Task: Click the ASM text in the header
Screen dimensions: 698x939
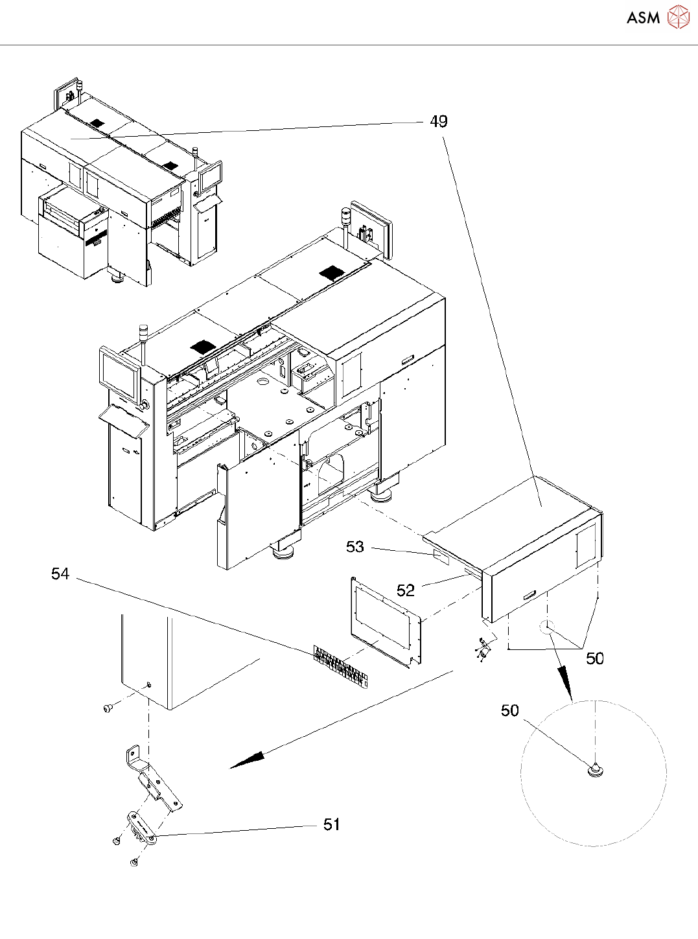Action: [643, 18]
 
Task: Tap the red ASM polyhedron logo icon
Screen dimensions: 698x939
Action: [678, 17]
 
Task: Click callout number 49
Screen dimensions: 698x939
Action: [439, 121]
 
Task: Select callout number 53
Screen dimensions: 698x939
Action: [355, 546]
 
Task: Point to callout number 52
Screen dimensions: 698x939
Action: [405, 590]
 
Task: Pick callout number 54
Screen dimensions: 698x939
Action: [60, 574]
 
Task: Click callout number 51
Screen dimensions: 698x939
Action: [332, 824]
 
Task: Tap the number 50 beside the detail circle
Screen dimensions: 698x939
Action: [510, 710]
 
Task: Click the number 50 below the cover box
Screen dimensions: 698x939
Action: [595, 658]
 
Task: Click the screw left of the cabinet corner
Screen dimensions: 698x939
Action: [108, 708]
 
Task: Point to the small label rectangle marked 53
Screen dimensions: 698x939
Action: [441, 558]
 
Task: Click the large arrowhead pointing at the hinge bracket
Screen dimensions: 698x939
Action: [247, 761]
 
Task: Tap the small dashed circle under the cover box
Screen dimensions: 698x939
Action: [546, 627]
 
